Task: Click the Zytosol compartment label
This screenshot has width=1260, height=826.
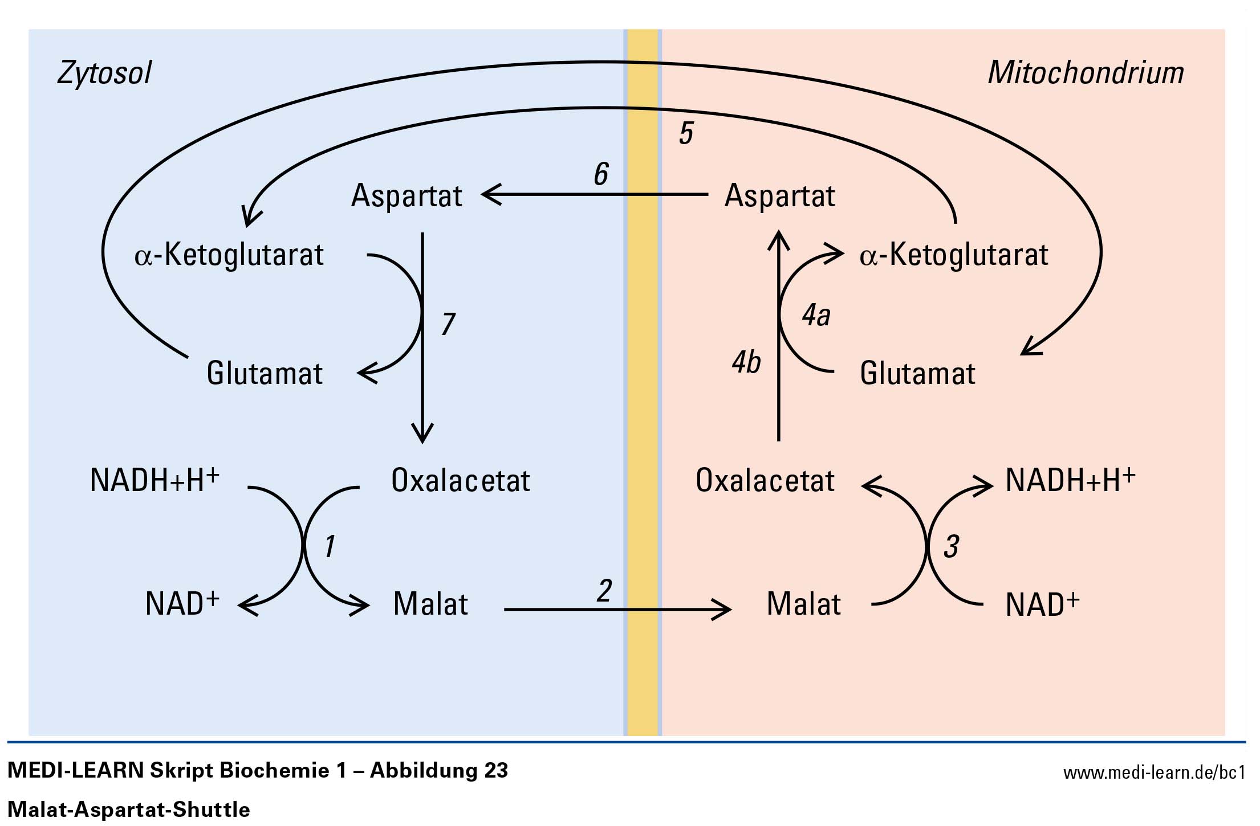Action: coord(104,73)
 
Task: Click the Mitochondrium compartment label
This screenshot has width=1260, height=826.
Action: coord(1086,73)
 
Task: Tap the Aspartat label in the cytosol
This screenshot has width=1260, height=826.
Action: coord(407,196)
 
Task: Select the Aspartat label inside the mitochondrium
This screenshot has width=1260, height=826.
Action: coord(779,196)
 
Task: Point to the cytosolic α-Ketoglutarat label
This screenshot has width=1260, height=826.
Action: coord(229,255)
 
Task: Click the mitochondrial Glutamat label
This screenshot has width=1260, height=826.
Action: coord(917,374)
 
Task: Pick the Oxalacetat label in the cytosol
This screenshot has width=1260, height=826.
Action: coord(461,481)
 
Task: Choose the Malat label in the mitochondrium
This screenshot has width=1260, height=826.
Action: coord(803,604)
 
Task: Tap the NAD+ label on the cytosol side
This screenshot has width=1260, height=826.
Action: coord(182,604)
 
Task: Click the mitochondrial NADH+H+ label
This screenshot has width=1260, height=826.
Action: coord(1070,480)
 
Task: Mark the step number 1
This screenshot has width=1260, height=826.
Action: coord(330,546)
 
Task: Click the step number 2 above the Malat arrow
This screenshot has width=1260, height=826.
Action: coord(604,591)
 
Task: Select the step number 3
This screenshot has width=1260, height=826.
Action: coord(951,546)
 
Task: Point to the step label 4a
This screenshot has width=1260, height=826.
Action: coord(816,316)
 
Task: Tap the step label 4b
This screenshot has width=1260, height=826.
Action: coord(746,362)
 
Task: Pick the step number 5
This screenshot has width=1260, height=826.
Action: coord(686,133)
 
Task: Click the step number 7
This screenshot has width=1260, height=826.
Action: coord(448,324)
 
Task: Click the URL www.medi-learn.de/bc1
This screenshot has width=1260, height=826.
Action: coord(1154,773)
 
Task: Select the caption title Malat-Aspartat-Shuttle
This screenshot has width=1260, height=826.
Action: coord(129,809)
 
